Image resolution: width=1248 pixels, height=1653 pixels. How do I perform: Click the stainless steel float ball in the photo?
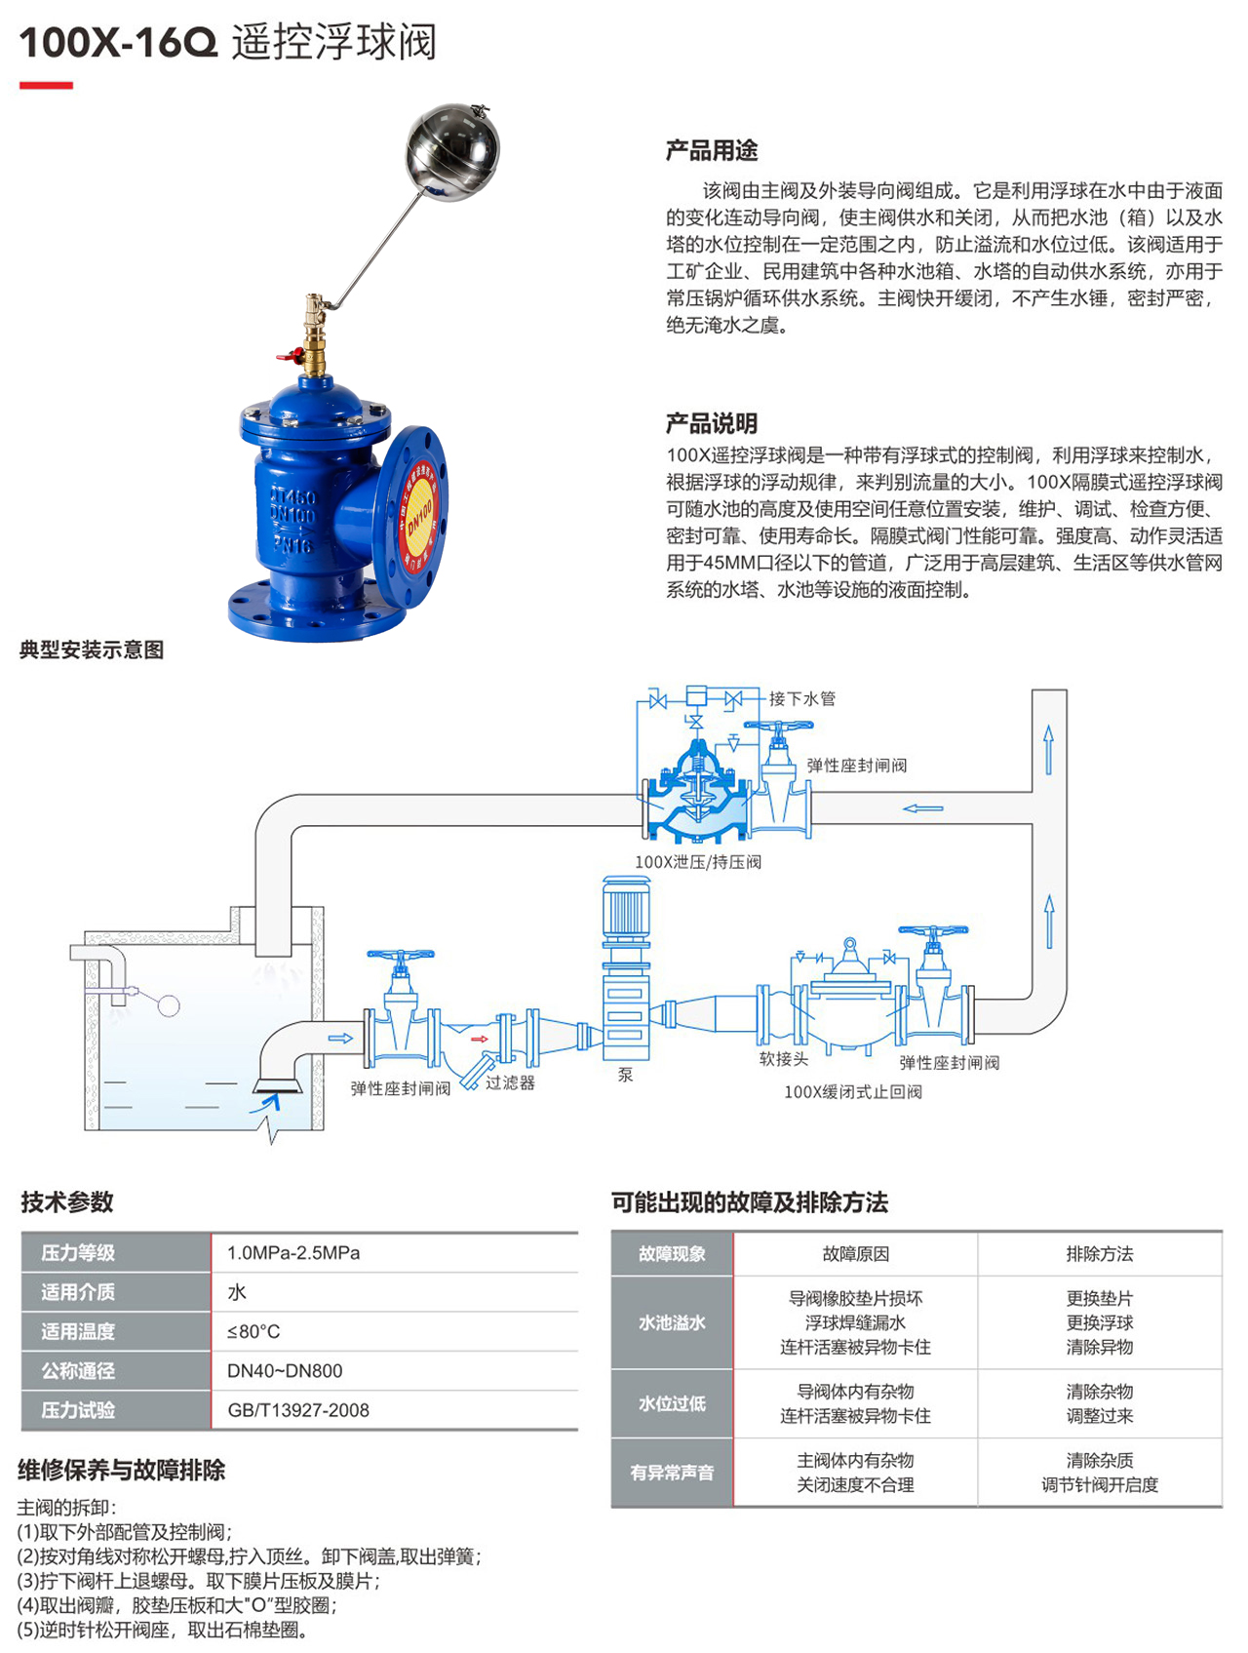[x=451, y=151]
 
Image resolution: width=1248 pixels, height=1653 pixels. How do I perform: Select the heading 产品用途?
[x=711, y=150]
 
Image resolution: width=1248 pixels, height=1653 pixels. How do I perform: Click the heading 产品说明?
[x=711, y=423]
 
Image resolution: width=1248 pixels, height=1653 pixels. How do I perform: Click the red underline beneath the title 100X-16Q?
[x=46, y=86]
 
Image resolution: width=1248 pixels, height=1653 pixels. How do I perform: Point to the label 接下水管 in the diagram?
[x=801, y=698]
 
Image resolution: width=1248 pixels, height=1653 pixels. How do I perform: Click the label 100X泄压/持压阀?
[x=697, y=862]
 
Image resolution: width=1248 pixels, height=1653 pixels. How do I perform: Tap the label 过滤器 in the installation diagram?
[x=510, y=1082]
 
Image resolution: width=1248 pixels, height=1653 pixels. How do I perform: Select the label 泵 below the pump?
[x=625, y=1075]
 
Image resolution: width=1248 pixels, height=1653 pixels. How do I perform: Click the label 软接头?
[x=783, y=1059]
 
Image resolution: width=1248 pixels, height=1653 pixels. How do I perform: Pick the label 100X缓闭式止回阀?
[x=852, y=1092]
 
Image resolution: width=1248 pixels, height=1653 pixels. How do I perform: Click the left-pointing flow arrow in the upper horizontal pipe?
[x=922, y=807]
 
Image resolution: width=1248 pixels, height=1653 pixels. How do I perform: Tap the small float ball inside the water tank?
[x=169, y=1005]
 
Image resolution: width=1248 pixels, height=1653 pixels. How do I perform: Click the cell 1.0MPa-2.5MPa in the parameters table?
[x=293, y=1253]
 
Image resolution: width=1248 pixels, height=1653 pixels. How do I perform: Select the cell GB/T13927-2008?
[x=298, y=1410]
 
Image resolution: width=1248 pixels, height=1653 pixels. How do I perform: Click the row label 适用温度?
[x=78, y=1331]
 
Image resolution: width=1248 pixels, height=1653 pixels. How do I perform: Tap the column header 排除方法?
[x=1099, y=1254]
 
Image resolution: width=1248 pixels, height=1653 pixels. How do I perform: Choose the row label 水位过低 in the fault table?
[x=672, y=1403]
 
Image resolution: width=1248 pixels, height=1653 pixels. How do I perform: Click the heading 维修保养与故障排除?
[x=122, y=1470]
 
